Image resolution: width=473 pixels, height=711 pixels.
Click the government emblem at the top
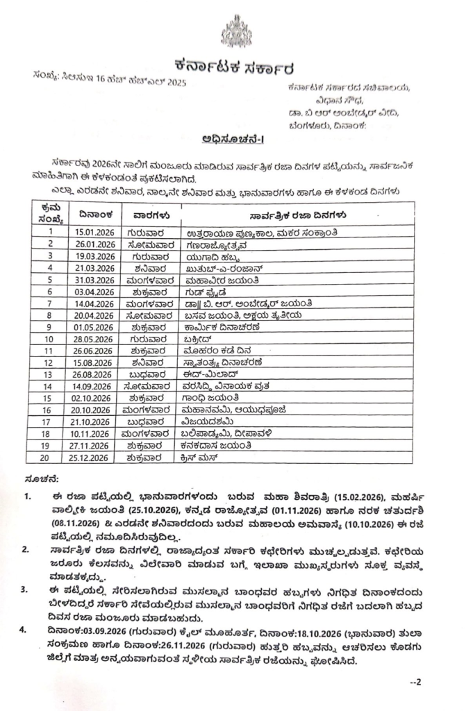click(236, 31)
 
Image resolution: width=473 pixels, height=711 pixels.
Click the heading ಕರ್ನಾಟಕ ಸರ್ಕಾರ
click(235, 68)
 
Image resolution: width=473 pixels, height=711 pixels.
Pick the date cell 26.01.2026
click(96, 244)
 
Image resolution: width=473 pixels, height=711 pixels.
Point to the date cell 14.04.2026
click(96, 303)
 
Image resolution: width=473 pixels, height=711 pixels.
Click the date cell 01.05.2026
click(96, 327)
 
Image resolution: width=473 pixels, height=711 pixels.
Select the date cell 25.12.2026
click(96, 458)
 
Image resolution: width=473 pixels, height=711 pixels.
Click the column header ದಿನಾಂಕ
click(92, 215)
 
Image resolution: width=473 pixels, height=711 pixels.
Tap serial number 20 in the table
click(49, 458)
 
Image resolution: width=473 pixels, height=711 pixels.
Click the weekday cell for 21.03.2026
click(142, 268)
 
